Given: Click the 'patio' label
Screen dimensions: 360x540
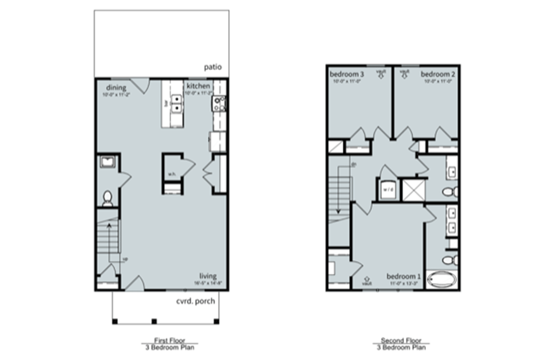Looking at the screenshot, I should pos(213,67).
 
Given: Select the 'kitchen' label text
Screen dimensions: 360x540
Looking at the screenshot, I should pos(197,86).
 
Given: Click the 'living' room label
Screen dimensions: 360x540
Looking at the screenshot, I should pos(208,276).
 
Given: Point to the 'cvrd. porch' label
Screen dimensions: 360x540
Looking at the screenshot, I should pos(198,301).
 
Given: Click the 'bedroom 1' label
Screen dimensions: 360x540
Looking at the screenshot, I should pos(403,276).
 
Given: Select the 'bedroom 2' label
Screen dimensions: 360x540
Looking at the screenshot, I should pos(438,75).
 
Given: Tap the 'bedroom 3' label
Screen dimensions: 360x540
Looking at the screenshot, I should pos(346,75).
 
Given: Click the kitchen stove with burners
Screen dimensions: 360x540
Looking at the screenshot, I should pos(219,103).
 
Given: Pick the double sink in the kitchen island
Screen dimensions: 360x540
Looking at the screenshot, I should pos(176,103).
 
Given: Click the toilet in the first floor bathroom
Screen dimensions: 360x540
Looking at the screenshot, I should pos(108,198).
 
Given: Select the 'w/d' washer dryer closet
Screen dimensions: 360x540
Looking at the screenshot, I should pos(388,189).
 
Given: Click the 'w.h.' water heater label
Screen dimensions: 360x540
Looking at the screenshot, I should pos(171,174).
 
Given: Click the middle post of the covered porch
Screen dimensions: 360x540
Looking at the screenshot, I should pos(154,321).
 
